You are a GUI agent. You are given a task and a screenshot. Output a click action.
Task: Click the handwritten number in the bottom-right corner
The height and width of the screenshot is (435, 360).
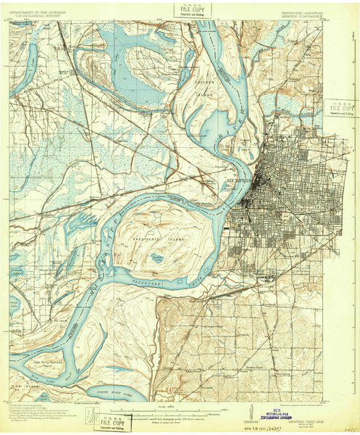click(351, 427)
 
